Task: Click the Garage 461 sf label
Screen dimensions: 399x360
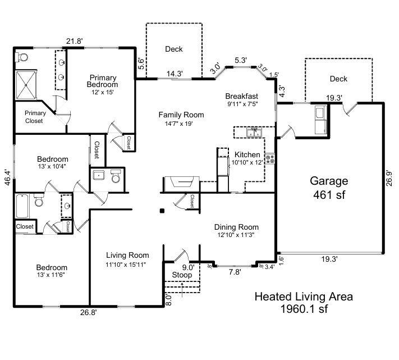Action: (329, 188)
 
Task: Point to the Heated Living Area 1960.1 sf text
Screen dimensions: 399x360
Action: (304, 303)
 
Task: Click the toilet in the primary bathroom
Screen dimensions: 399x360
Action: (22, 57)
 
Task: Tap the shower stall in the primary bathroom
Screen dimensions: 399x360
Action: (26, 85)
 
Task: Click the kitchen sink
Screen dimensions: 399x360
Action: (254, 133)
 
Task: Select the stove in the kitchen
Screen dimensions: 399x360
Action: (270, 158)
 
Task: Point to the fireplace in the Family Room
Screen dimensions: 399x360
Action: (181, 184)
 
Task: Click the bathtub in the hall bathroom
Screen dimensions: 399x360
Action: (22, 206)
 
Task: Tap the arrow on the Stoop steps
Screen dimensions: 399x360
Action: (182, 290)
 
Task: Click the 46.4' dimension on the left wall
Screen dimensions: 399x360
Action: (8, 177)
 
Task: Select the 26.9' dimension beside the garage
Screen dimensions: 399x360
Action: (389, 178)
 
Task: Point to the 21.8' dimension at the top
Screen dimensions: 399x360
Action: (75, 41)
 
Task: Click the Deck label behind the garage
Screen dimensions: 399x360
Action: (338, 79)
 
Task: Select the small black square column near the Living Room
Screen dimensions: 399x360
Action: (162, 211)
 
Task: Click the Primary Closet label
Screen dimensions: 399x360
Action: (35, 117)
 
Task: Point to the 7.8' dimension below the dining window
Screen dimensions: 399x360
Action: (235, 272)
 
